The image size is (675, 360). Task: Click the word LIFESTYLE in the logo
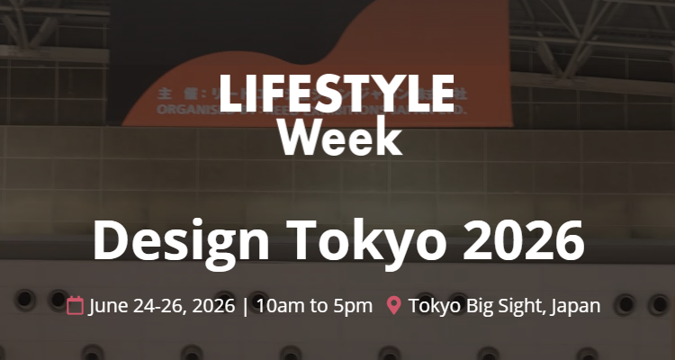(336, 94)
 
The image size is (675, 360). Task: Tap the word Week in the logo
(339, 138)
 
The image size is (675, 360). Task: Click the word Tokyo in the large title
(363, 239)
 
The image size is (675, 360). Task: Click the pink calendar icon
(76, 305)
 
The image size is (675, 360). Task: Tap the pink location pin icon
(393, 305)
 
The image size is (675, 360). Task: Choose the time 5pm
(353, 305)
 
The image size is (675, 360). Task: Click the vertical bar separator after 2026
(244, 305)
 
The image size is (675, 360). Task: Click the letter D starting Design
(112, 239)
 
